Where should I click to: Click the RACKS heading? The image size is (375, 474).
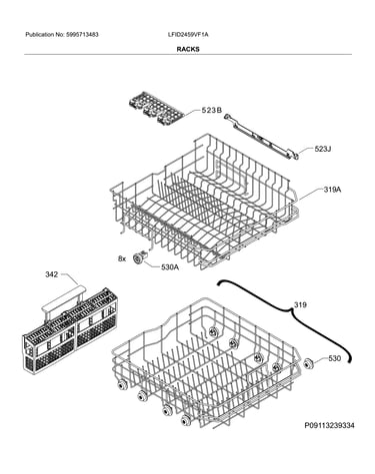tap(188, 49)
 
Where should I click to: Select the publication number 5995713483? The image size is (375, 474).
tap(82, 34)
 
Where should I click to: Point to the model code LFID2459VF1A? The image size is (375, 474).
tap(188, 34)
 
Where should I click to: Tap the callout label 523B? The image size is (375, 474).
tap(211, 111)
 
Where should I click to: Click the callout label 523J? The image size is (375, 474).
tap(322, 149)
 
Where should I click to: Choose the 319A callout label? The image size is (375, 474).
tap(332, 190)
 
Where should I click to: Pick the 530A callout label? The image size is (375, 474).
tap(170, 267)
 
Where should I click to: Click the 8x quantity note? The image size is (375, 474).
tap(122, 258)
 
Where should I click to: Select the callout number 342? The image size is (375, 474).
tap(52, 274)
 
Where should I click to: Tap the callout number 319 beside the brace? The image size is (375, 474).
tap(300, 304)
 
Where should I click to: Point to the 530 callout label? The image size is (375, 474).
tap(334, 358)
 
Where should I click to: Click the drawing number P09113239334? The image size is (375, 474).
tap(329, 425)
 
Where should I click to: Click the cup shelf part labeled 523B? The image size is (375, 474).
tap(156, 109)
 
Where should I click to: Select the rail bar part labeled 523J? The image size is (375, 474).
tap(261, 136)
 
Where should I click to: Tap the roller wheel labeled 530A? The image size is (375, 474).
tap(139, 257)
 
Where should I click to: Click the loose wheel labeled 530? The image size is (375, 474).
tap(308, 363)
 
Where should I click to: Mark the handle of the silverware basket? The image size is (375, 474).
tap(63, 300)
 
